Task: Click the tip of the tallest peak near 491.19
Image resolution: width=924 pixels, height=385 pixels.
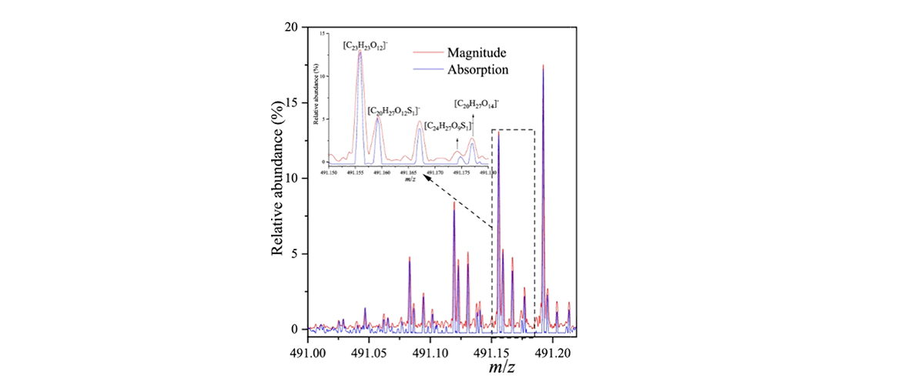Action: coord(544,65)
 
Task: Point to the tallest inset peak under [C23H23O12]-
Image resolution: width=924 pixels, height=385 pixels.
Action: coord(360,52)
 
